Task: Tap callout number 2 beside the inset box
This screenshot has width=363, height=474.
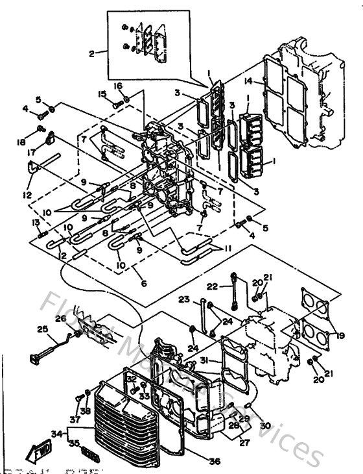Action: [91, 53]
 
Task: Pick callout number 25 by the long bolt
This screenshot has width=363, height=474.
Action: [43, 330]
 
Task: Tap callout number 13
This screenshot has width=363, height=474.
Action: [36, 222]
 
